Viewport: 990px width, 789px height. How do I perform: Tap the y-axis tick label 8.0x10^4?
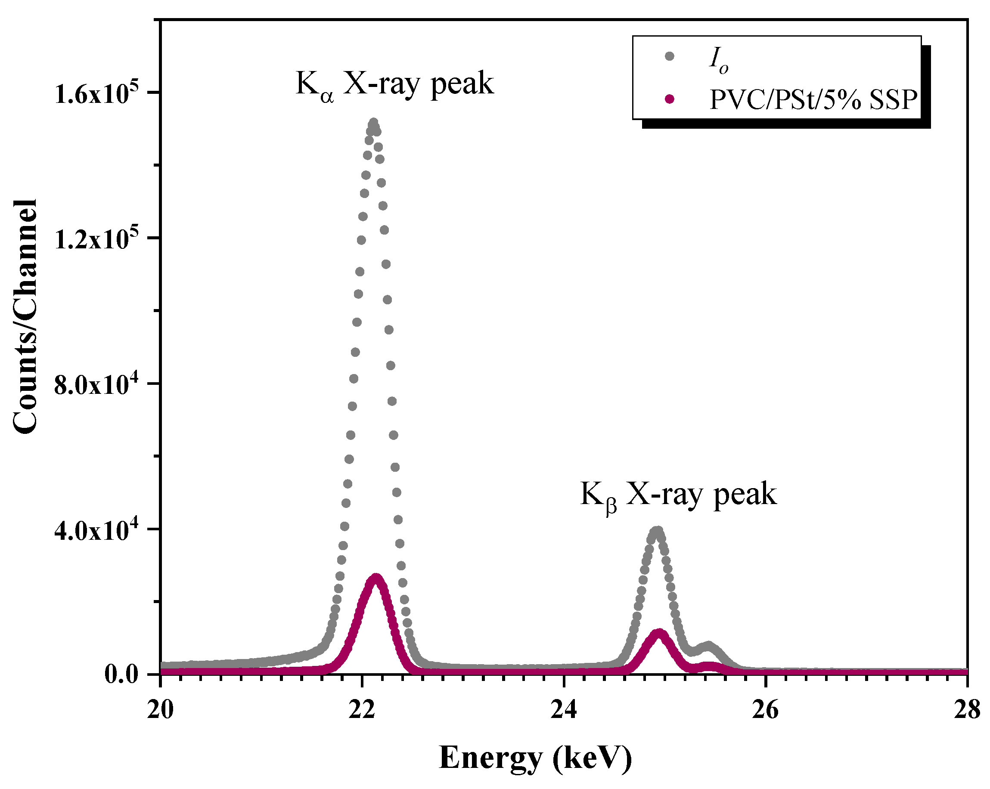click(x=96, y=384)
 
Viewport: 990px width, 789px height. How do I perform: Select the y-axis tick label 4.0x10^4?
click(x=96, y=530)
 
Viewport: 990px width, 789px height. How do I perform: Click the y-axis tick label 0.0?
click(x=121, y=675)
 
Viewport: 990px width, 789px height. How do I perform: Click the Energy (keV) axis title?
click(x=535, y=758)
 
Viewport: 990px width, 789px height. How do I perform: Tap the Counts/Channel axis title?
click(x=25, y=317)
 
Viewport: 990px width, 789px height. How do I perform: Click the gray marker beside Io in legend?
click(x=670, y=56)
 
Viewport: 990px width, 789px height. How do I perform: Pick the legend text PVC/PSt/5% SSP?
click(x=813, y=99)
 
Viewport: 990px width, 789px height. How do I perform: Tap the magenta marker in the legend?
click(x=670, y=99)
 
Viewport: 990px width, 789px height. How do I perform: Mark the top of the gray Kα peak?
click(x=373, y=123)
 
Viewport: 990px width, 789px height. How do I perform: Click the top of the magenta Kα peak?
click(x=376, y=577)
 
